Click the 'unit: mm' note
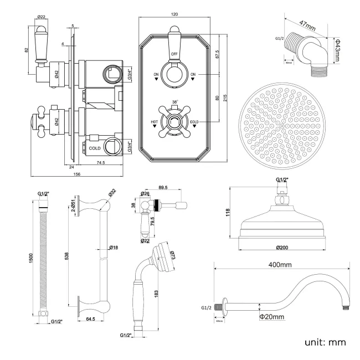(325, 342)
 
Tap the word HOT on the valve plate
(155, 122)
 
